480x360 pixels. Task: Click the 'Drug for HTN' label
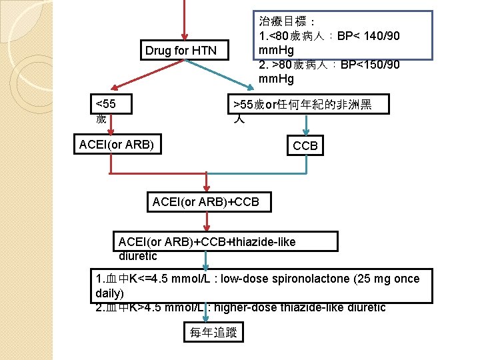coord(181,51)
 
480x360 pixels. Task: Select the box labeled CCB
coord(305,145)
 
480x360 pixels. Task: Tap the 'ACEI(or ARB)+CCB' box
coord(205,201)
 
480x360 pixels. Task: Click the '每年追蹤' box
coord(213,331)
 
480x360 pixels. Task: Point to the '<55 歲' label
coord(105,111)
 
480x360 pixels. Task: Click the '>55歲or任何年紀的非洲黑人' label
coord(301,111)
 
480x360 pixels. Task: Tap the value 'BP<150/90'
coord(370,65)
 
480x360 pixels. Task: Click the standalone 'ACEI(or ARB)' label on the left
coord(117,144)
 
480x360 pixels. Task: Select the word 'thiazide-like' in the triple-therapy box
coord(263,241)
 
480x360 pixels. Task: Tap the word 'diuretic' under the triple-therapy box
coord(138,256)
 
